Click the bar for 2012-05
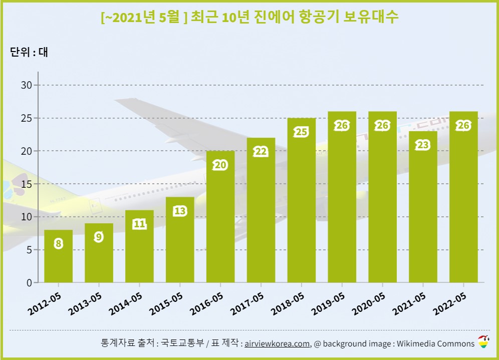58,256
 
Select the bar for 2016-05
220,217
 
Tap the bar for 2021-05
423,207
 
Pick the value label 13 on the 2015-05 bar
180,211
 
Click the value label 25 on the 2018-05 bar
302,132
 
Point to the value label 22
261,152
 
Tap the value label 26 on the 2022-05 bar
463,125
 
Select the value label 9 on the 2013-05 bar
99,237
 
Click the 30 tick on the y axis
26,85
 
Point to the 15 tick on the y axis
26,184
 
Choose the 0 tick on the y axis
29,283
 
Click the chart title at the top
249,17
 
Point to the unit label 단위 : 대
29,52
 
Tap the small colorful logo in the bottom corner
483,342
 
